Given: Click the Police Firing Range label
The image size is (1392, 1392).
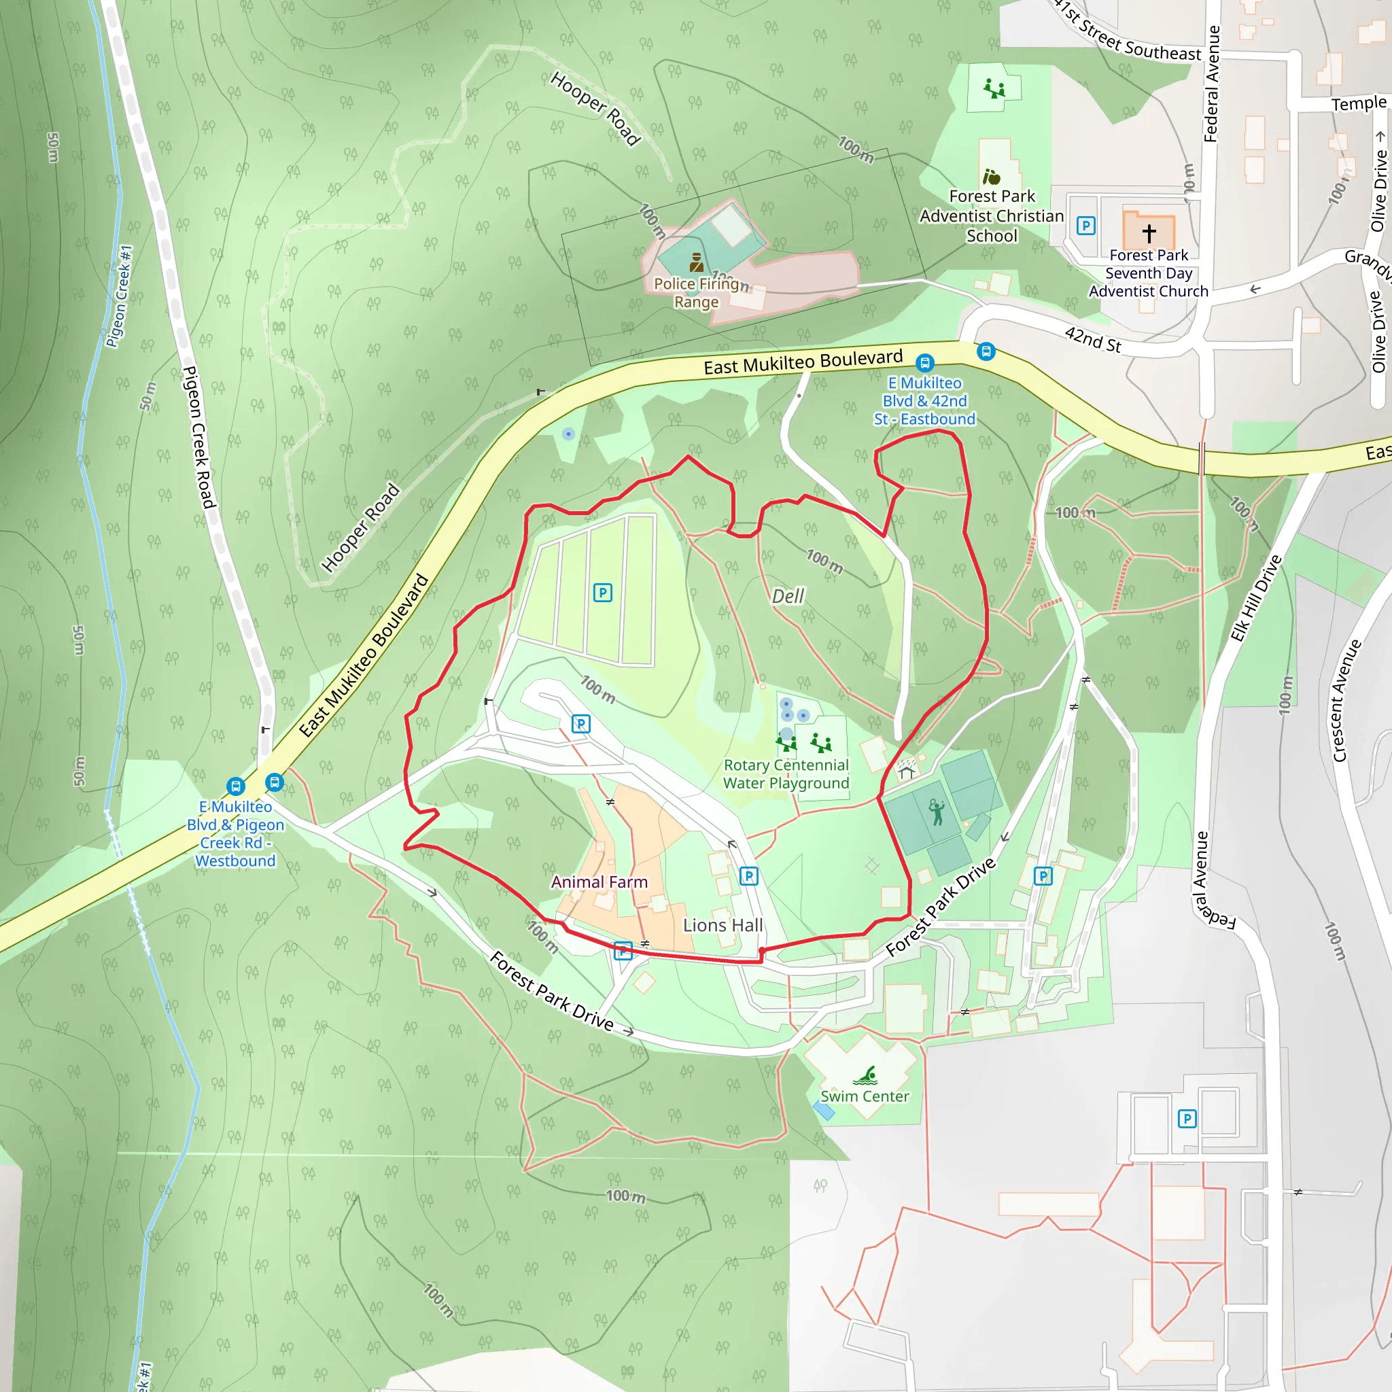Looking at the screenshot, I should pos(696,292).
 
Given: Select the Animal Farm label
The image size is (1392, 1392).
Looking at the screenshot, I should pos(599,882).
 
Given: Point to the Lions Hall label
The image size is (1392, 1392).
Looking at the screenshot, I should pos(722,925).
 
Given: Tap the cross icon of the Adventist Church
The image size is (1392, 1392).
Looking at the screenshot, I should pos(1149,232).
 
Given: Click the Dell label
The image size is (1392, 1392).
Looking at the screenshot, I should pos(788,596).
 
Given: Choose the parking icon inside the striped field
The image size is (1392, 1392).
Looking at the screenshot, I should pos(602,593).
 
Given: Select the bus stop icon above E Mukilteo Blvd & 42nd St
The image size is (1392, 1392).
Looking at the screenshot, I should pos(924,362).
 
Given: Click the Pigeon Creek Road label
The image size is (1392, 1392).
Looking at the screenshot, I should pos(199,437).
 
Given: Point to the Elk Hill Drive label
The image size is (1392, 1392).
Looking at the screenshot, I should pos(1256,598).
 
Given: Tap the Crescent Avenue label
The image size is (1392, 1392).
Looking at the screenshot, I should pos(1346,700).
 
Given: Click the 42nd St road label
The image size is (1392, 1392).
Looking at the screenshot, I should pos(1093,339).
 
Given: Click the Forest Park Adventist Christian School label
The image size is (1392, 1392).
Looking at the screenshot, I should pos(992,215).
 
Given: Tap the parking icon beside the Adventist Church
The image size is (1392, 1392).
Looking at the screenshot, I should pos(1085,226).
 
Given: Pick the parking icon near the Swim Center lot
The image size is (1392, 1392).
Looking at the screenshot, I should pos(1187,1118).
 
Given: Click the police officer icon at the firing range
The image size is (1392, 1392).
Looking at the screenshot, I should pos(696,262).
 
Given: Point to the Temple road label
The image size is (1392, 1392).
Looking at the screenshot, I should pos(1358,104).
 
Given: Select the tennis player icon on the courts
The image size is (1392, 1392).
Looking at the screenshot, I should pos(936,812).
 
